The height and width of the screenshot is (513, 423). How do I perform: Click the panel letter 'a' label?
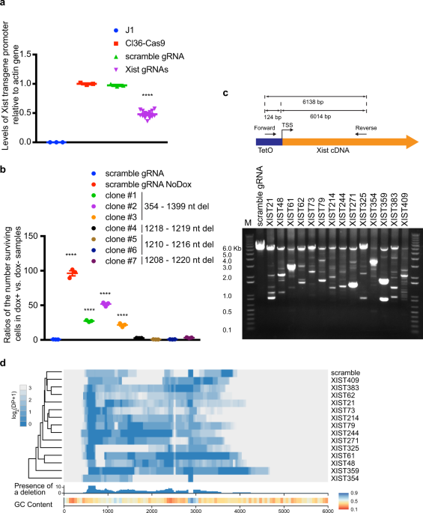click(4, 5)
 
